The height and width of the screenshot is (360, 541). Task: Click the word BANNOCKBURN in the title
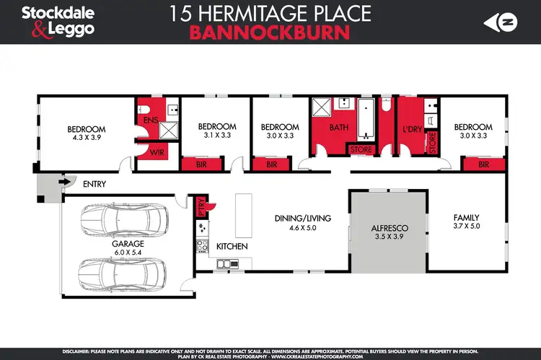click(270, 32)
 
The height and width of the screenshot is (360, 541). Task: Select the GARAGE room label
click(128, 244)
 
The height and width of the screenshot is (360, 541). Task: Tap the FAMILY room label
click(466, 217)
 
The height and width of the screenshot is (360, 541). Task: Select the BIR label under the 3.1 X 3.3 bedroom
click(203, 164)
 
